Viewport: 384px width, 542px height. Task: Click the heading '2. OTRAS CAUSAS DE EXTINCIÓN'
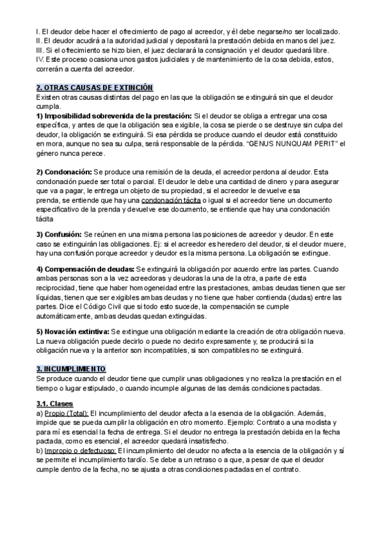pos(95,86)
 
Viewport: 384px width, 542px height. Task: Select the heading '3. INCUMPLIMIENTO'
pos(72,369)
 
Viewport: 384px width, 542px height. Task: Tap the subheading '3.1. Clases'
pos(54,403)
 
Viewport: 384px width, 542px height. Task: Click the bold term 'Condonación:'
pos(64,173)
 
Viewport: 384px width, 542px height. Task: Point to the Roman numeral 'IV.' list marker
pos(40,59)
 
